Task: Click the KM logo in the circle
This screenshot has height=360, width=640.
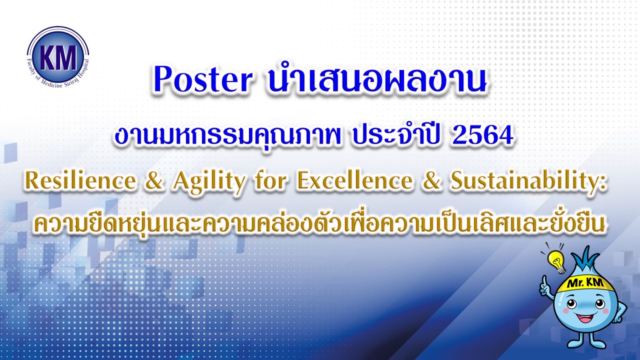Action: click(58, 57)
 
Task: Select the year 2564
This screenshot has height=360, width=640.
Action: click(483, 136)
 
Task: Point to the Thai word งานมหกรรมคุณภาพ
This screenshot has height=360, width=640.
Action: click(228, 136)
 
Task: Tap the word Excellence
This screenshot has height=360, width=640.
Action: click(355, 181)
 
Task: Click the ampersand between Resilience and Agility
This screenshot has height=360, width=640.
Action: click(154, 181)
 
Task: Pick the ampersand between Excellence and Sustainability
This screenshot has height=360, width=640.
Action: click(432, 181)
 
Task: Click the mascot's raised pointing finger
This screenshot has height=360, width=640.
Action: click(544, 280)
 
